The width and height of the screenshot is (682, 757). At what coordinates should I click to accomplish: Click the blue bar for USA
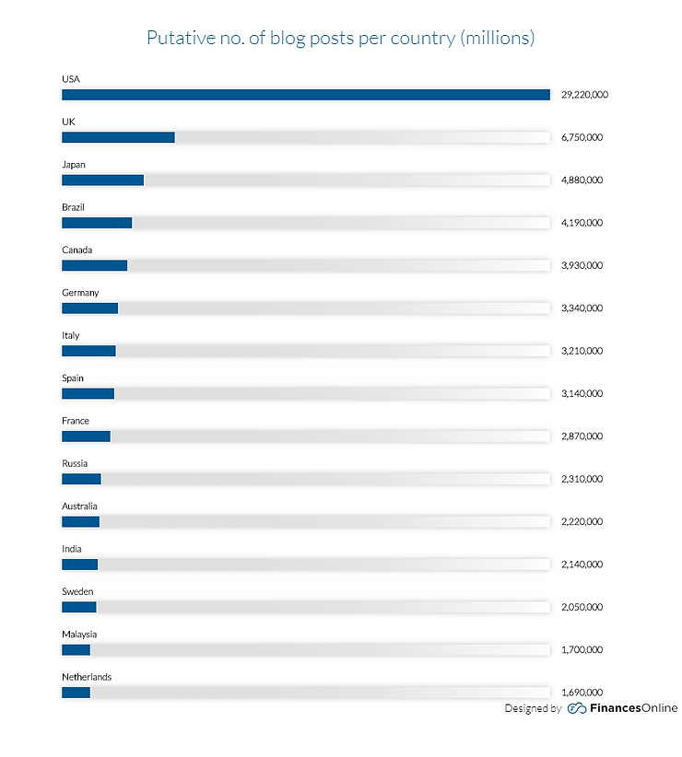pos(305,95)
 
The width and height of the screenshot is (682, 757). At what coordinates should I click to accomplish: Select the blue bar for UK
pos(118,137)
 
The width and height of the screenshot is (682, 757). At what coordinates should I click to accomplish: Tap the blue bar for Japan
pos(102,180)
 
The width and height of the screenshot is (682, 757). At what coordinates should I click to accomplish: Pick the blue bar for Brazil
pos(97,223)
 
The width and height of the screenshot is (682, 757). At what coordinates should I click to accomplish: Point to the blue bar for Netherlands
pos(76,693)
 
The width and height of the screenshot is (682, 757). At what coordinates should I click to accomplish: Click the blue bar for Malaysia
pos(76,650)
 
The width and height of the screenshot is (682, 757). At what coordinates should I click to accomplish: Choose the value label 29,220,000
pos(584,95)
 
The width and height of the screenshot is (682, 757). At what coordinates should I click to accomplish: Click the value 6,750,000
pos(582,137)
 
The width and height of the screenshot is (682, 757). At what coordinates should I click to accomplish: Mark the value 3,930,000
pos(582,265)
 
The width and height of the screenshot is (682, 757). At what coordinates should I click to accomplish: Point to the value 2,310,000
pos(582,479)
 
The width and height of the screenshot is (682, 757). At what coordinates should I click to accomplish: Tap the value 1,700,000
pos(582,650)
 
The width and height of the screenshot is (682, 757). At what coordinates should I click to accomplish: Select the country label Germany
pos(80,293)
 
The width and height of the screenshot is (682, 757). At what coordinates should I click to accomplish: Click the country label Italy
pos(71,335)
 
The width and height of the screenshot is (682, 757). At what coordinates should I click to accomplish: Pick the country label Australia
pos(79,507)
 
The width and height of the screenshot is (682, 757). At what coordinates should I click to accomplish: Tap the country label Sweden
pos(77,591)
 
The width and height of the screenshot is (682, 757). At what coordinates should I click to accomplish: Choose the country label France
pos(76,421)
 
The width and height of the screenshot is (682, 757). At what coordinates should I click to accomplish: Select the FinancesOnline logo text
pos(634,708)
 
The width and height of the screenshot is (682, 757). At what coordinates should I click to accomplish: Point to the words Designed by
pos(533,708)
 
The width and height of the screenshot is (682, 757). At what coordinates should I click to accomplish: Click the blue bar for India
pos(79,565)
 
